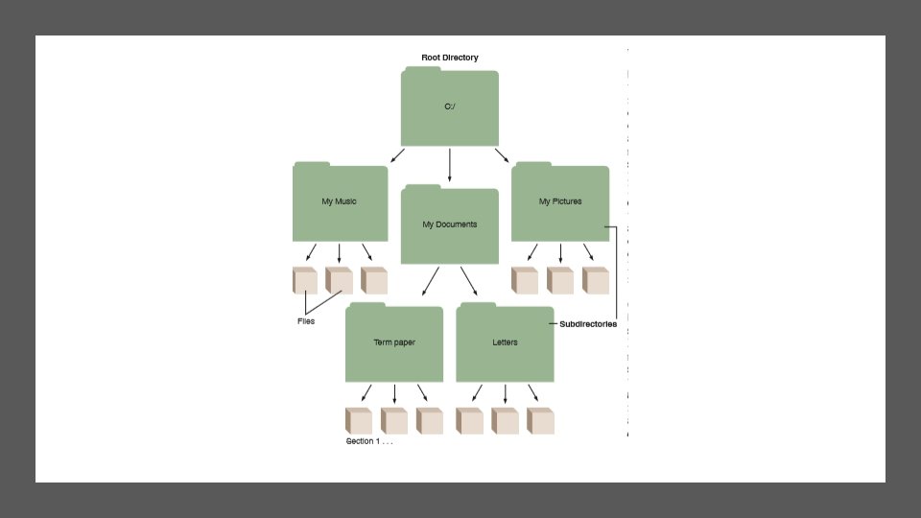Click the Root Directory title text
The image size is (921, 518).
(449, 58)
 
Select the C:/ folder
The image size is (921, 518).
(449, 107)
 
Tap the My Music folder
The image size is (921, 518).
(340, 202)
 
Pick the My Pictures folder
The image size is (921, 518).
(560, 202)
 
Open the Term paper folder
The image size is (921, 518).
(394, 342)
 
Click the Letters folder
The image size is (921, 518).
(505, 342)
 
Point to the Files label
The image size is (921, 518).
(306, 321)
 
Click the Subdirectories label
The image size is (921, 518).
(588, 324)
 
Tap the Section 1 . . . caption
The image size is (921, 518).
(369, 441)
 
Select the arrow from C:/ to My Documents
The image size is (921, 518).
(449, 164)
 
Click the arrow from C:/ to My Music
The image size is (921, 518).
(397, 156)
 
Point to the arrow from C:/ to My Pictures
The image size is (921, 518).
(502, 156)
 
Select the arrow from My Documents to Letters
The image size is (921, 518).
(468, 281)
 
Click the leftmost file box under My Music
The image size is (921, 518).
(305, 280)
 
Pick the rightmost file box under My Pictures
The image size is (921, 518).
(596, 280)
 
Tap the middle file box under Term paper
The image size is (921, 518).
(394, 420)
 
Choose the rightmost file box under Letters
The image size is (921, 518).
(540, 420)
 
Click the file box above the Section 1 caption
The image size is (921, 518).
(358, 420)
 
